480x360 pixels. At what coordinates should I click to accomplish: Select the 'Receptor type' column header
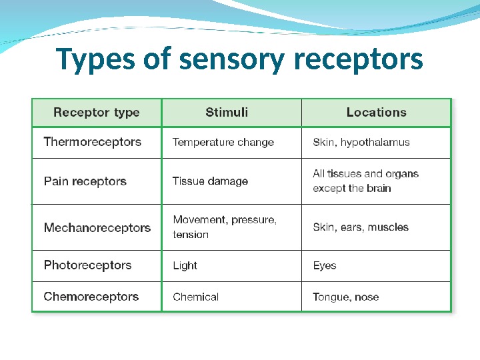click(97, 113)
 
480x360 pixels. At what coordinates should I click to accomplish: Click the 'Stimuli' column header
click(227, 113)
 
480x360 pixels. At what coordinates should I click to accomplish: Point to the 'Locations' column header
click(376, 113)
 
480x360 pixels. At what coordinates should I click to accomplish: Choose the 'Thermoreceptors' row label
click(93, 142)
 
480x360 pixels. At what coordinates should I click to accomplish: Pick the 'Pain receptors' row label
click(85, 181)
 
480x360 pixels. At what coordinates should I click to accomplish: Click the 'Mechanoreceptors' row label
click(97, 228)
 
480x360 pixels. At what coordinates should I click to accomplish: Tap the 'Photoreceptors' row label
click(88, 265)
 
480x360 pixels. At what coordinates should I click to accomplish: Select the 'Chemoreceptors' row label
click(91, 297)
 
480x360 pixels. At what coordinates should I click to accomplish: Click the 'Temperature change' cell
click(223, 142)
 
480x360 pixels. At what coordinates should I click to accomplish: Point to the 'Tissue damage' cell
click(210, 181)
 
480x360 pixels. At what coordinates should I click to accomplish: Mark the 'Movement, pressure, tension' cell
click(225, 227)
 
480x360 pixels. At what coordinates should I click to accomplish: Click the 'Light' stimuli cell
click(185, 265)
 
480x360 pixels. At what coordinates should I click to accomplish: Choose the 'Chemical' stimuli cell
click(195, 297)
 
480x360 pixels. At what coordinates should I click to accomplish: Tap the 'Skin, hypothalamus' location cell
click(361, 142)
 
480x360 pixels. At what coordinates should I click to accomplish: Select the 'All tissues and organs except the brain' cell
click(366, 181)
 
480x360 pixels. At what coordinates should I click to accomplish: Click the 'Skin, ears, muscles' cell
click(361, 227)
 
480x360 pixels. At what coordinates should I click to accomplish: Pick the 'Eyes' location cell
click(325, 265)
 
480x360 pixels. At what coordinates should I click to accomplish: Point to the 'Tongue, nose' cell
click(346, 297)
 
